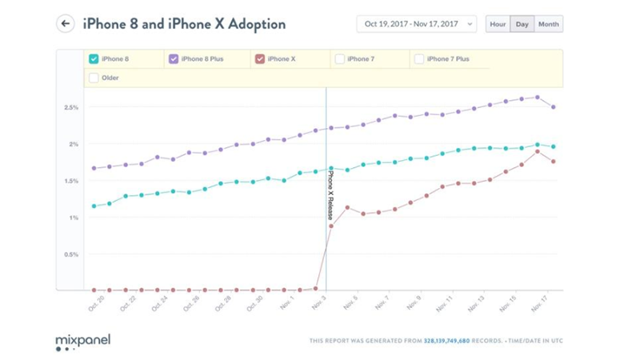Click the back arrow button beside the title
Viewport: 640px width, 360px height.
click(x=65, y=24)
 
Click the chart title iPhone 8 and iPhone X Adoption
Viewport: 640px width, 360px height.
click(x=184, y=24)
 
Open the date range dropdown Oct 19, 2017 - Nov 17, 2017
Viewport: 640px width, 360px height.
click(x=416, y=24)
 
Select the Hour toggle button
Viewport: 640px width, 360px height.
click(x=498, y=24)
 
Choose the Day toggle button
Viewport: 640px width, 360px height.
click(x=522, y=24)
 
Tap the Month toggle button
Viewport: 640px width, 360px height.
click(x=549, y=24)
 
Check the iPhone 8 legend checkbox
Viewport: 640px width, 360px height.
click(x=94, y=58)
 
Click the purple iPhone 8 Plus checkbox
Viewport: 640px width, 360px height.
click(x=174, y=58)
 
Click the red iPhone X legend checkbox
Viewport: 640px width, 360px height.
click(x=258, y=58)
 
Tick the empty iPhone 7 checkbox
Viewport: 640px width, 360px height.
click(x=340, y=58)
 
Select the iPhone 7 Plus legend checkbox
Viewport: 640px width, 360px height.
click(x=419, y=58)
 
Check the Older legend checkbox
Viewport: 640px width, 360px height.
click(x=94, y=78)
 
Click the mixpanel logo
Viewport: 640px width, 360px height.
click(x=82, y=342)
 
